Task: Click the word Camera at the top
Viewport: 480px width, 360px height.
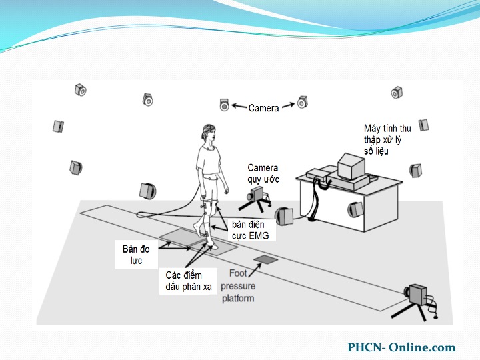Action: [x=263, y=108]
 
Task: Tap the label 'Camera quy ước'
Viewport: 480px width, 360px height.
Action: [x=263, y=173]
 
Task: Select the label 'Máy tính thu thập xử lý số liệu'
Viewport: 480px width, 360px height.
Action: [x=387, y=139]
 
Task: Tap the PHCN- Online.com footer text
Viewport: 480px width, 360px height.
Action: [x=401, y=347]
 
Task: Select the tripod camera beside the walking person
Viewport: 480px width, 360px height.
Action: [x=257, y=194]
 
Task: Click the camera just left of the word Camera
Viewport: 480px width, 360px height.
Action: [x=225, y=105]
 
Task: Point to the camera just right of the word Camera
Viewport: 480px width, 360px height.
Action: [x=302, y=101]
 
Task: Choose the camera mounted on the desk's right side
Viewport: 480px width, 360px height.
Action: [x=355, y=210]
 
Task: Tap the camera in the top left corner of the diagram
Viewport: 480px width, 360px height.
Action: [x=81, y=89]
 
